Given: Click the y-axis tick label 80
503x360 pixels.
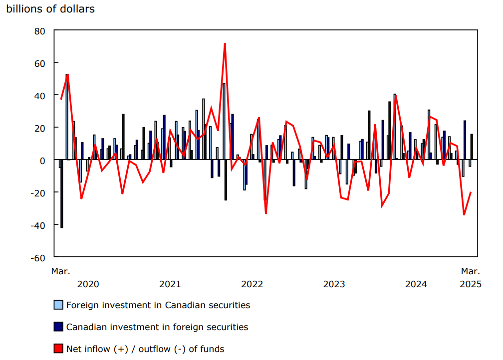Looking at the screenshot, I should [x=39, y=30].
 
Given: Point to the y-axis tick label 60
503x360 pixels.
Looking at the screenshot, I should [x=39, y=63].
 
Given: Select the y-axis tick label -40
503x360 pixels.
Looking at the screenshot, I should [x=37, y=225].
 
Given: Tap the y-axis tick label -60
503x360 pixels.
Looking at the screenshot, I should [x=37, y=257].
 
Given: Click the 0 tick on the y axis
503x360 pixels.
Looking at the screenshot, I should [x=42, y=160].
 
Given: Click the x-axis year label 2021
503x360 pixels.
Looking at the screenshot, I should [x=170, y=284].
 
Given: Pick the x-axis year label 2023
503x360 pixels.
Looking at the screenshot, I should [x=334, y=284].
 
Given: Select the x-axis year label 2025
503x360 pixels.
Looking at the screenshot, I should [x=470, y=284].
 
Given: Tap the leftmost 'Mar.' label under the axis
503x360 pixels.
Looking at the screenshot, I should [x=61, y=271].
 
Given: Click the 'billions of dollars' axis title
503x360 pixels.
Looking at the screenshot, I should [x=50, y=9].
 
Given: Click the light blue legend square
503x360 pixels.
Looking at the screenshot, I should [x=58, y=305].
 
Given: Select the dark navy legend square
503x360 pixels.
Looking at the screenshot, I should [x=58, y=327].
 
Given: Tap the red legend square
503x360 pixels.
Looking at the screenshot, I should [x=58, y=349].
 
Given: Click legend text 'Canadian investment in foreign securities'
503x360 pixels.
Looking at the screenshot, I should [x=157, y=327].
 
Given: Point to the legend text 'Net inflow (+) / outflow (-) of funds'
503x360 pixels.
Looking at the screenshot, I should [x=145, y=349].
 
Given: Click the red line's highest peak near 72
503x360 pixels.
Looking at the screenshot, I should [x=225, y=44].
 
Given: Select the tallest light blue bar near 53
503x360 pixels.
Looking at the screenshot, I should [x=67, y=117].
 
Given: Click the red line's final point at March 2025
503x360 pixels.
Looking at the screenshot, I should [x=471, y=192].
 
